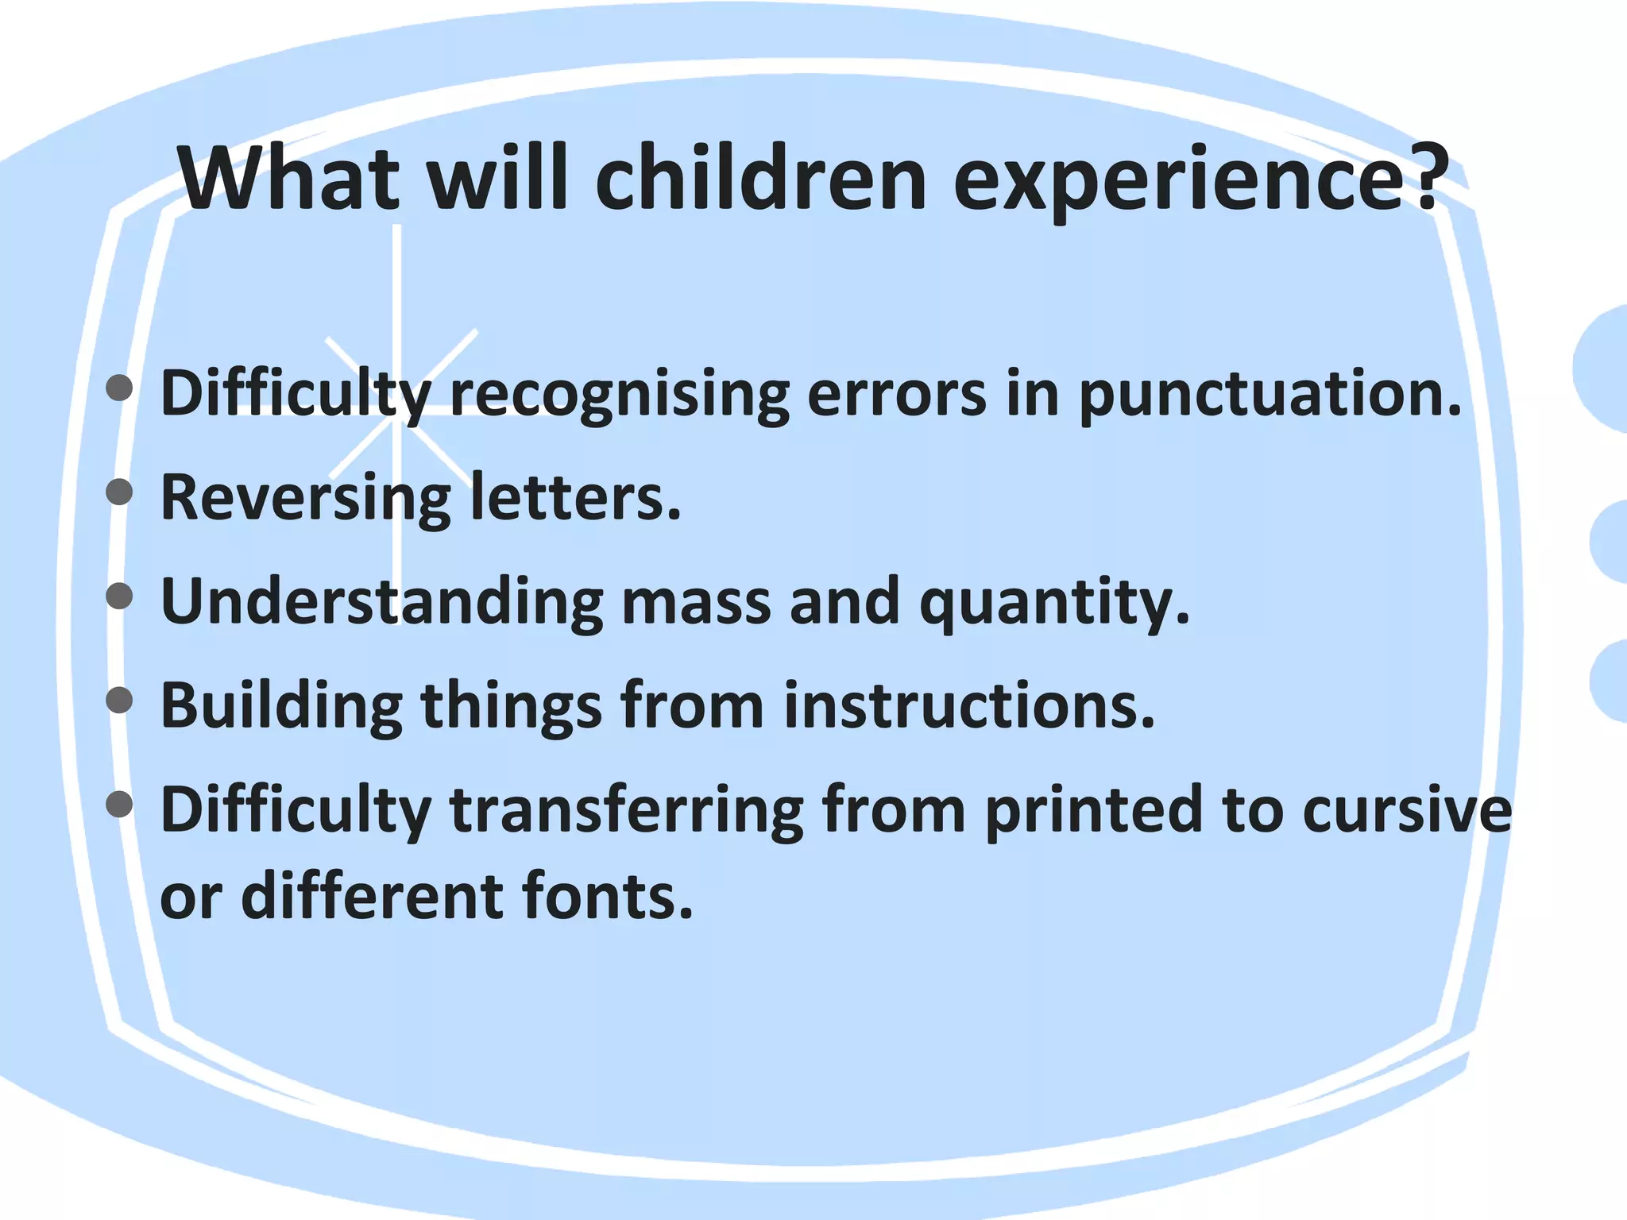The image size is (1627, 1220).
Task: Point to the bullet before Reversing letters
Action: click(119, 492)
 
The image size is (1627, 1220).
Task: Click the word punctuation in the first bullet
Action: click(1269, 394)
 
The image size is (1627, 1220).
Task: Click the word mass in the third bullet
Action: click(696, 602)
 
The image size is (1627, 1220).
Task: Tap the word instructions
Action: click(968, 705)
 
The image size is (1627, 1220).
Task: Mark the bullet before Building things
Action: click(119, 700)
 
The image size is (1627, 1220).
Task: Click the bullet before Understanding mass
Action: click(119, 596)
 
